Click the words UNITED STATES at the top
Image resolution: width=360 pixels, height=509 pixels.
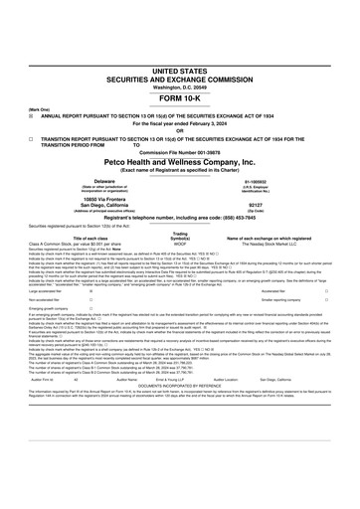click(x=180, y=45)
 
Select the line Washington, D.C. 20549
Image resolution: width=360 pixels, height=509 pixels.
click(x=180, y=62)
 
